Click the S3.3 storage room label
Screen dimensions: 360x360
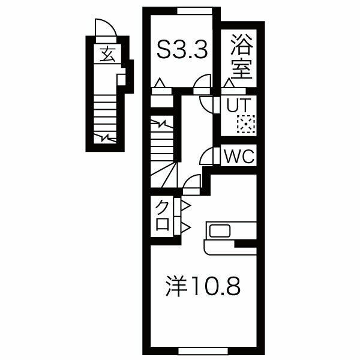coord(182,49)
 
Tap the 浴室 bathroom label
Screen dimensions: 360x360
coord(242,56)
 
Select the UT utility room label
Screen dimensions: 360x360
coord(238,105)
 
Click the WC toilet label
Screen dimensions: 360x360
coord(239,156)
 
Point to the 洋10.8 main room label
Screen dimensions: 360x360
coord(203,286)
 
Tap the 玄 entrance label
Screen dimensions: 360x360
coord(107,54)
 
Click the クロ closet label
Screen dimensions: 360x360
coord(163,215)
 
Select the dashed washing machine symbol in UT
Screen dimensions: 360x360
coord(246,124)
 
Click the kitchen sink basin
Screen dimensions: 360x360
coord(220,231)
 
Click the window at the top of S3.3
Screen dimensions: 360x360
coord(194,11)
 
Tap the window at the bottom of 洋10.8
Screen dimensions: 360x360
coord(203,351)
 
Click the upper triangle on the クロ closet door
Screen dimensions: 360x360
coord(186,206)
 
